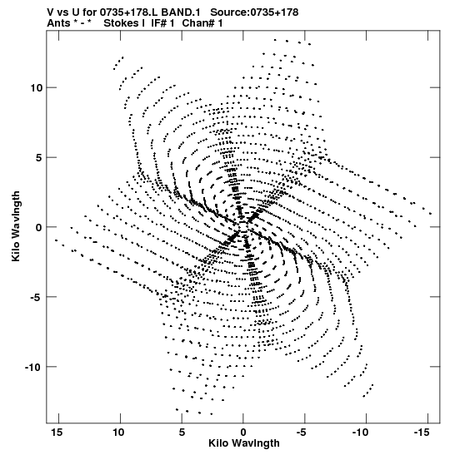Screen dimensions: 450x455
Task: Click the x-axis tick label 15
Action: coord(57,433)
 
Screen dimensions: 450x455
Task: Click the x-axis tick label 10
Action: coord(118,433)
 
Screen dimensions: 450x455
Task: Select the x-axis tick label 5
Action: coord(182,433)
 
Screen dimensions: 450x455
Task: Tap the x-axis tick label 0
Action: coord(243,433)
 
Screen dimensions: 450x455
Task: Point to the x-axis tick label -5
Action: coord(302,433)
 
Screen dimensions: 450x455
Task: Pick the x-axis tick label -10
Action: coord(362,433)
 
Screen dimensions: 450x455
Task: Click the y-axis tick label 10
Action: coord(37,87)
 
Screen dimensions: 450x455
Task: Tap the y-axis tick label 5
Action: coord(39,157)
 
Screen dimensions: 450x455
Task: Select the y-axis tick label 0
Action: coord(39,227)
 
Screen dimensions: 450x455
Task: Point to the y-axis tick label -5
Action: coord(37,297)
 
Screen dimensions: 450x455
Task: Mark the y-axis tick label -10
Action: coord(33,367)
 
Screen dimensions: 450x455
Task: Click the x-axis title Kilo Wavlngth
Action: coord(244,443)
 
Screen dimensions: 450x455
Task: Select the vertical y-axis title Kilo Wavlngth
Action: coord(16,226)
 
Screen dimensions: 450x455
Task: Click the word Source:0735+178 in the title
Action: coord(254,12)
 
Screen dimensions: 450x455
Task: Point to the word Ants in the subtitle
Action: coord(58,23)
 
